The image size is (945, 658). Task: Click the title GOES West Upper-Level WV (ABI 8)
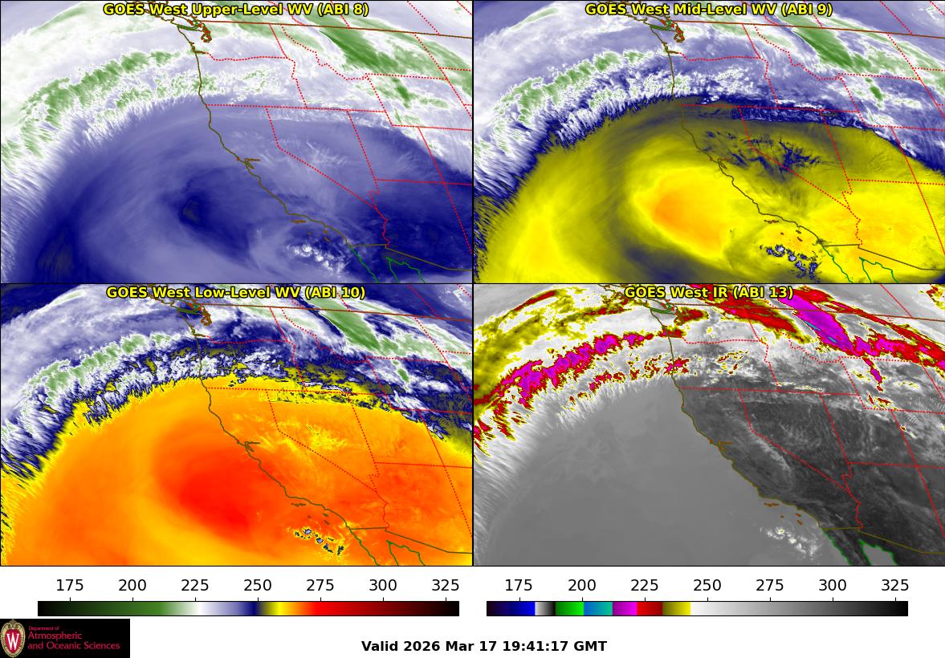pyautogui.click(x=235, y=10)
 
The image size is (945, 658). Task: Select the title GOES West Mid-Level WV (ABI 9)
pyautogui.click(x=708, y=10)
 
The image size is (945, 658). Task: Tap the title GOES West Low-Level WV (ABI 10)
pyautogui.click(x=235, y=293)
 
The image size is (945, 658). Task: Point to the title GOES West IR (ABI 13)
pyautogui.click(x=708, y=293)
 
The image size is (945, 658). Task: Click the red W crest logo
pyautogui.click(x=13, y=639)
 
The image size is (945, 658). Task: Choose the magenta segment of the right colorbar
pyautogui.click(x=625, y=608)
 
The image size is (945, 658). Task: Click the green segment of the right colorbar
pyautogui.click(x=569, y=608)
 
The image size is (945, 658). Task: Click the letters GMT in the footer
pyautogui.click(x=591, y=646)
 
